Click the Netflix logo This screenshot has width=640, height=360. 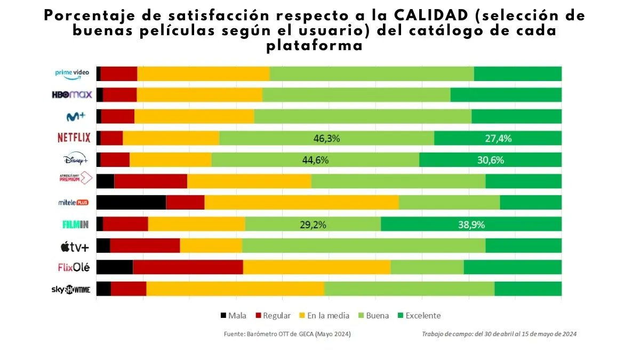click(74, 138)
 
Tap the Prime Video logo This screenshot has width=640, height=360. click(71, 74)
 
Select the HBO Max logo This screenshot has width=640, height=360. click(72, 95)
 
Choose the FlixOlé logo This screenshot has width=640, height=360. click(74, 268)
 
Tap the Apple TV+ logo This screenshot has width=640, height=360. click(75, 246)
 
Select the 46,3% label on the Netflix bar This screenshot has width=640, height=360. click(326, 139)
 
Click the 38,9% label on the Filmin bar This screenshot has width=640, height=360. click(471, 225)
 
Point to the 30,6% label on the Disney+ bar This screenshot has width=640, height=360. click(490, 160)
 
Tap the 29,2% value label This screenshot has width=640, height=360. click(313, 225)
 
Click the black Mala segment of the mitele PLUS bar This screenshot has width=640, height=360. click(131, 203)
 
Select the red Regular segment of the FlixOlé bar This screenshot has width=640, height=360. click(188, 267)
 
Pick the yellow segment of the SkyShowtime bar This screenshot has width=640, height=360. click(235, 289)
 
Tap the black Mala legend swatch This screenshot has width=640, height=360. click(223, 316)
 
